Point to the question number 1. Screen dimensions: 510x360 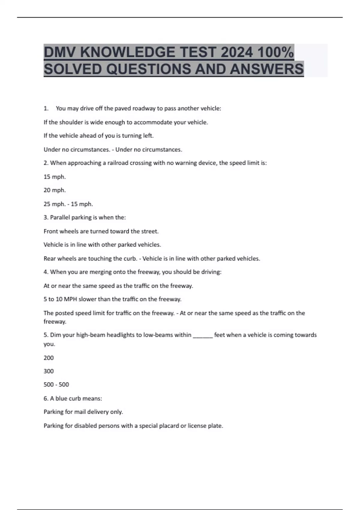46,109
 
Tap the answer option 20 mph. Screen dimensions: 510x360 55,190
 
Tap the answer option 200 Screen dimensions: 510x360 49,358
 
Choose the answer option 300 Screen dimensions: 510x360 49,371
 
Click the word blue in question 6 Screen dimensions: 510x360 61,399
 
